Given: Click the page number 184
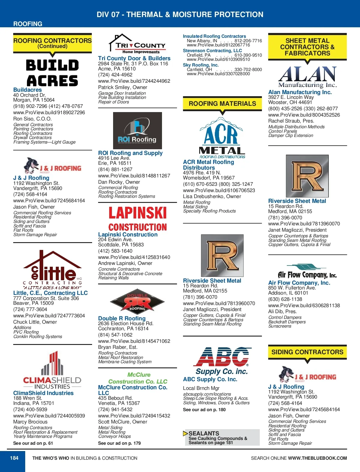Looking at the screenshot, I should click(14, 458).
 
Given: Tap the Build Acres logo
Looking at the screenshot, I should click(52, 73).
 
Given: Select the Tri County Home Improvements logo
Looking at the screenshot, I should click(137, 44).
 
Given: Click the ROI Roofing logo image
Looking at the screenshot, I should click(137, 131).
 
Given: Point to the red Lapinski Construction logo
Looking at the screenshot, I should click(137, 219).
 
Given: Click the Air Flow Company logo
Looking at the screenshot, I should click(307, 272).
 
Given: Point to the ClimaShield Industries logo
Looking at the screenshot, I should click(52, 370).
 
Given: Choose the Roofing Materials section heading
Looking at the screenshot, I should click(222, 104).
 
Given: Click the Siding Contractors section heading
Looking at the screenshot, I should click(307, 352).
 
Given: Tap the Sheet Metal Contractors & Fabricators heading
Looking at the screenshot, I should click(307, 47).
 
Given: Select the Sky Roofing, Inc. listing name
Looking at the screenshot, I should click(201, 65).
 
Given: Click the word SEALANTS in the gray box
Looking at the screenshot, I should click(204, 433).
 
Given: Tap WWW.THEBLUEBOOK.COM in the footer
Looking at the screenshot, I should click(317, 458).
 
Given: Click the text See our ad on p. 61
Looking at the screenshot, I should click(33, 443).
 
